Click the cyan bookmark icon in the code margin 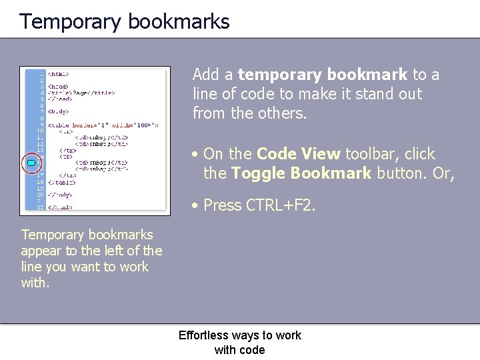click(x=31, y=163)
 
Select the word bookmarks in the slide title click(x=178, y=22)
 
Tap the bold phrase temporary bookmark click(x=322, y=75)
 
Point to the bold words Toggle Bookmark click(x=301, y=173)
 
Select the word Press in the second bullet click(x=222, y=205)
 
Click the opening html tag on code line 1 click(x=58, y=74)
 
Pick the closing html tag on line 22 click(x=60, y=207)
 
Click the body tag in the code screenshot click(x=59, y=111)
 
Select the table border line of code click(x=103, y=124)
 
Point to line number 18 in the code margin click(x=41, y=181)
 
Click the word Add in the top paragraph click(x=206, y=75)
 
